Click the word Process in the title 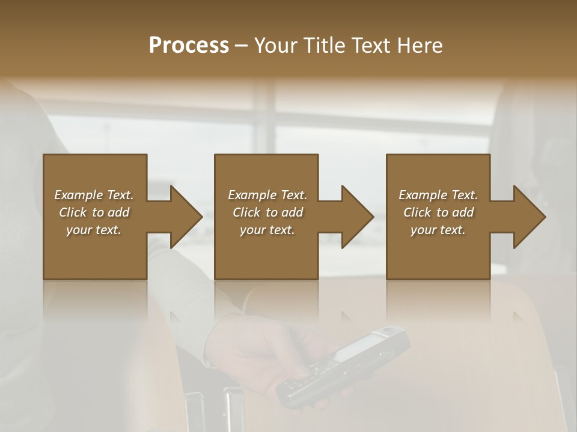pos(189,46)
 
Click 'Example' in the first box pos(78,195)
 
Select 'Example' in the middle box pos(252,195)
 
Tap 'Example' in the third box pos(423,195)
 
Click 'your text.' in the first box pos(94,230)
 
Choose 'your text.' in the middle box pos(267,230)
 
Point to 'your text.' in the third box pos(438,230)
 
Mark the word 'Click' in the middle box pos(247,212)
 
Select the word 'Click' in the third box pos(418,212)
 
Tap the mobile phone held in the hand pos(346,363)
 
